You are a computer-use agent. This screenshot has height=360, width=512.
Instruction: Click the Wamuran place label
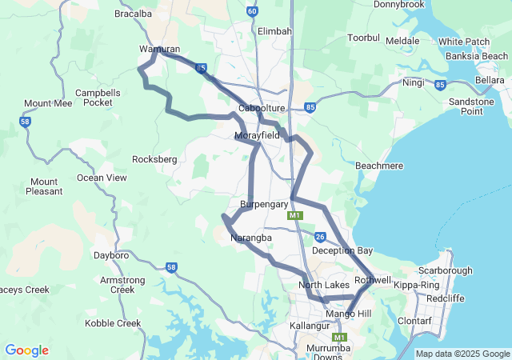159,49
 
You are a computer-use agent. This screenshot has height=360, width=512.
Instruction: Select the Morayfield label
258,136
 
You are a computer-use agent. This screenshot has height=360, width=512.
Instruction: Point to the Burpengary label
264,205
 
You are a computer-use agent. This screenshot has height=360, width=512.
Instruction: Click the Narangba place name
251,238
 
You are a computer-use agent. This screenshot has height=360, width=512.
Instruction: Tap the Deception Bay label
342,250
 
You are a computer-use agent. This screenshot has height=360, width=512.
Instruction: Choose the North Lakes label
325,285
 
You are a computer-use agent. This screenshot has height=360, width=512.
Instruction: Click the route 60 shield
253,11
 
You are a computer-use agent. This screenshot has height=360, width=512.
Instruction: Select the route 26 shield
320,237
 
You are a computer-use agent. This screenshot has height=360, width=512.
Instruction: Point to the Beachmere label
378,165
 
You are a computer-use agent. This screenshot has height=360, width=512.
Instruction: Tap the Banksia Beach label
477,57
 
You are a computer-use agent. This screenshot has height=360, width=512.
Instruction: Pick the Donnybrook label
398,5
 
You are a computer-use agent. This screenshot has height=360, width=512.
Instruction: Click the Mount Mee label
48,104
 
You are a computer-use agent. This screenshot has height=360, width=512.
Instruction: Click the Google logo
26,350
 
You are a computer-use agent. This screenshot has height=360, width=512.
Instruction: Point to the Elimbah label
274,31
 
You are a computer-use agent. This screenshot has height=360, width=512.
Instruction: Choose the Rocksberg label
154,159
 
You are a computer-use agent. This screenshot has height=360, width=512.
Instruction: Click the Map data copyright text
462,354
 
